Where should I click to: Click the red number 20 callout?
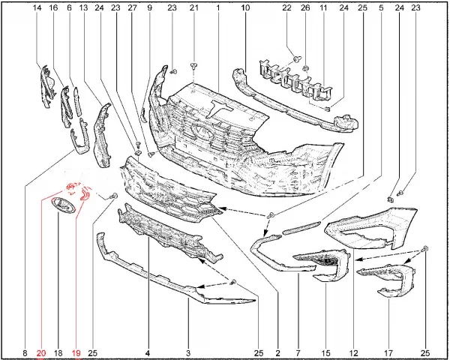click(41, 352)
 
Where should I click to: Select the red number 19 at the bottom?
click(76, 352)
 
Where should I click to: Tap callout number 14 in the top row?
click(37, 7)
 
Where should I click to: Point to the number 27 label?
click(132, 7)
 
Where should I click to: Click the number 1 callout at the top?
click(217, 7)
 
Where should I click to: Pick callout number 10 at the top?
click(245, 7)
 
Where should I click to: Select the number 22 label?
click(286, 7)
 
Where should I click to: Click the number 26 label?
click(305, 7)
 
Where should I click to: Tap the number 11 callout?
click(323, 7)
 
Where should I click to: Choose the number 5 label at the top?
click(381, 7)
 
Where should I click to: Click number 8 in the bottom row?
click(25, 352)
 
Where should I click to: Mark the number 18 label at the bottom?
click(58, 352)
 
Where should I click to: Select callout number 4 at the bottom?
click(148, 352)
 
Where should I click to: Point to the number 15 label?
click(326, 352)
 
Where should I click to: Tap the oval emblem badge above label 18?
click(63, 205)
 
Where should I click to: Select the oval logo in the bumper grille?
click(202, 132)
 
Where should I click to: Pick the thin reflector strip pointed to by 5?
click(301, 228)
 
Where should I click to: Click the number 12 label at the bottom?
click(354, 352)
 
